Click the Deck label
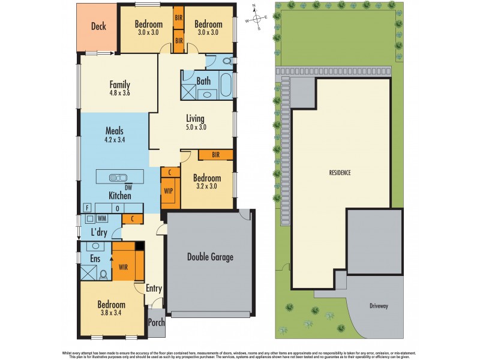pyautogui.click(x=98, y=26)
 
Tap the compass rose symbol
pyautogui.click(x=256, y=18)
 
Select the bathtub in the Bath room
pyautogui.click(x=226, y=85)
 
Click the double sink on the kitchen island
pyautogui.click(x=118, y=178)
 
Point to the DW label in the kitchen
pyautogui.click(x=128, y=188)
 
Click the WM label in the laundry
pyautogui.click(x=101, y=218)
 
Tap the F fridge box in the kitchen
pyautogui.click(x=87, y=208)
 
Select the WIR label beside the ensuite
pyautogui.click(x=124, y=266)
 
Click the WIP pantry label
pyautogui.click(x=169, y=191)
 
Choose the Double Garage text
pyautogui.click(x=210, y=257)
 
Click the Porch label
pyautogui.click(x=156, y=323)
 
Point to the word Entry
pyautogui.click(x=154, y=289)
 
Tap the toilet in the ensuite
pyautogui.click(x=103, y=274)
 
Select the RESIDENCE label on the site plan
pyautogui.click(x=340, y=173)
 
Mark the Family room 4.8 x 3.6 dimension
pyautogui.click(x=119, y=94)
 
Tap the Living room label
pyautogui.click(x=195, y=118)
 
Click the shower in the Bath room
pyautogui.click(x=190, y=91)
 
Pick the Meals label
pyautogui.click(x=115, y=130)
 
